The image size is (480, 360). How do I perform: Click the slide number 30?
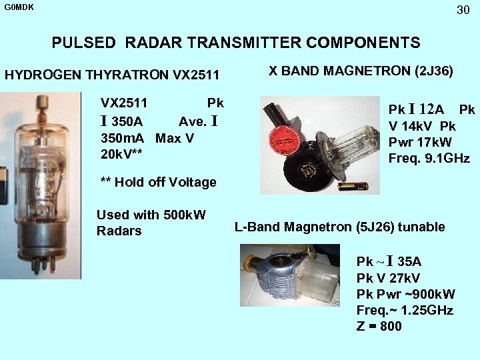(463, 10)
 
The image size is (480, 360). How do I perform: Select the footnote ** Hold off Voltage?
(158, 182)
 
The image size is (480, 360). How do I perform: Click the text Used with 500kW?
(151, 215)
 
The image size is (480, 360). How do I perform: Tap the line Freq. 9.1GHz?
(429, 159)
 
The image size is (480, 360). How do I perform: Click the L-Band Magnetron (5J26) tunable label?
(339, 227)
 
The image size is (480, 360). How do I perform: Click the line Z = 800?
(379, 326)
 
